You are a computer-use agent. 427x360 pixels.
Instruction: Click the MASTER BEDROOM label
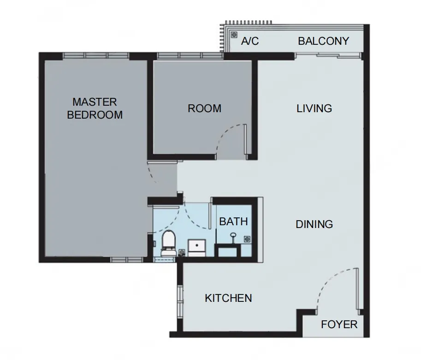(95, 108)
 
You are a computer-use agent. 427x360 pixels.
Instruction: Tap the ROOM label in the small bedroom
(205, 108)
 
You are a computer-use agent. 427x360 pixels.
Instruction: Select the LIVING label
(314, 108)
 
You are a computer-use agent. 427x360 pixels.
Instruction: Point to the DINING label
(314, 224)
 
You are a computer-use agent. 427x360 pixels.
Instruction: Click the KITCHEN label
(228, 298)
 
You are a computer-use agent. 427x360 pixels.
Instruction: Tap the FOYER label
(339, 324)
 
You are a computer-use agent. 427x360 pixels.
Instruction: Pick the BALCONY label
(324, 41)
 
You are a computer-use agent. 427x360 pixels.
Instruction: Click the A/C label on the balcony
(250, 41)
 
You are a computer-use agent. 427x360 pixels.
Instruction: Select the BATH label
(233, 222)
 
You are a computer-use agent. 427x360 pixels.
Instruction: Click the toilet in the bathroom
(168, 243)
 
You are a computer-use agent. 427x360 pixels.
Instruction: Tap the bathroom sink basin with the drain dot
(197, 248)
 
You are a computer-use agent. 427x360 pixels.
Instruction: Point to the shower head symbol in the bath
(233, 237)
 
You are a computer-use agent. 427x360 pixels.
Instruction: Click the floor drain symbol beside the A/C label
(234, 35)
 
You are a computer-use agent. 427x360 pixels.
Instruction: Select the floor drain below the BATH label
(247, 239)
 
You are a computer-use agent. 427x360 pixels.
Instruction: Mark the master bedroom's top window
(96, 56)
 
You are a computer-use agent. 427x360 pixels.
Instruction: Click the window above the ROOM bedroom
(190, 56)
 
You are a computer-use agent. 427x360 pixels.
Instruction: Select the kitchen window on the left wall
(180, 301)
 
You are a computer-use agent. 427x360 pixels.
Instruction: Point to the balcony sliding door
(328, 56)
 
